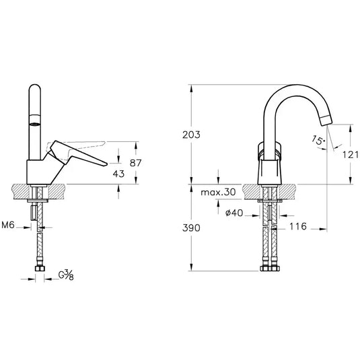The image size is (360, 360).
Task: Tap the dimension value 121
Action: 343,155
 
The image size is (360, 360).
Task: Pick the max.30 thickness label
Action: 219,192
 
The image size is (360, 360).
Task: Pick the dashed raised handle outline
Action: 81,143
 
